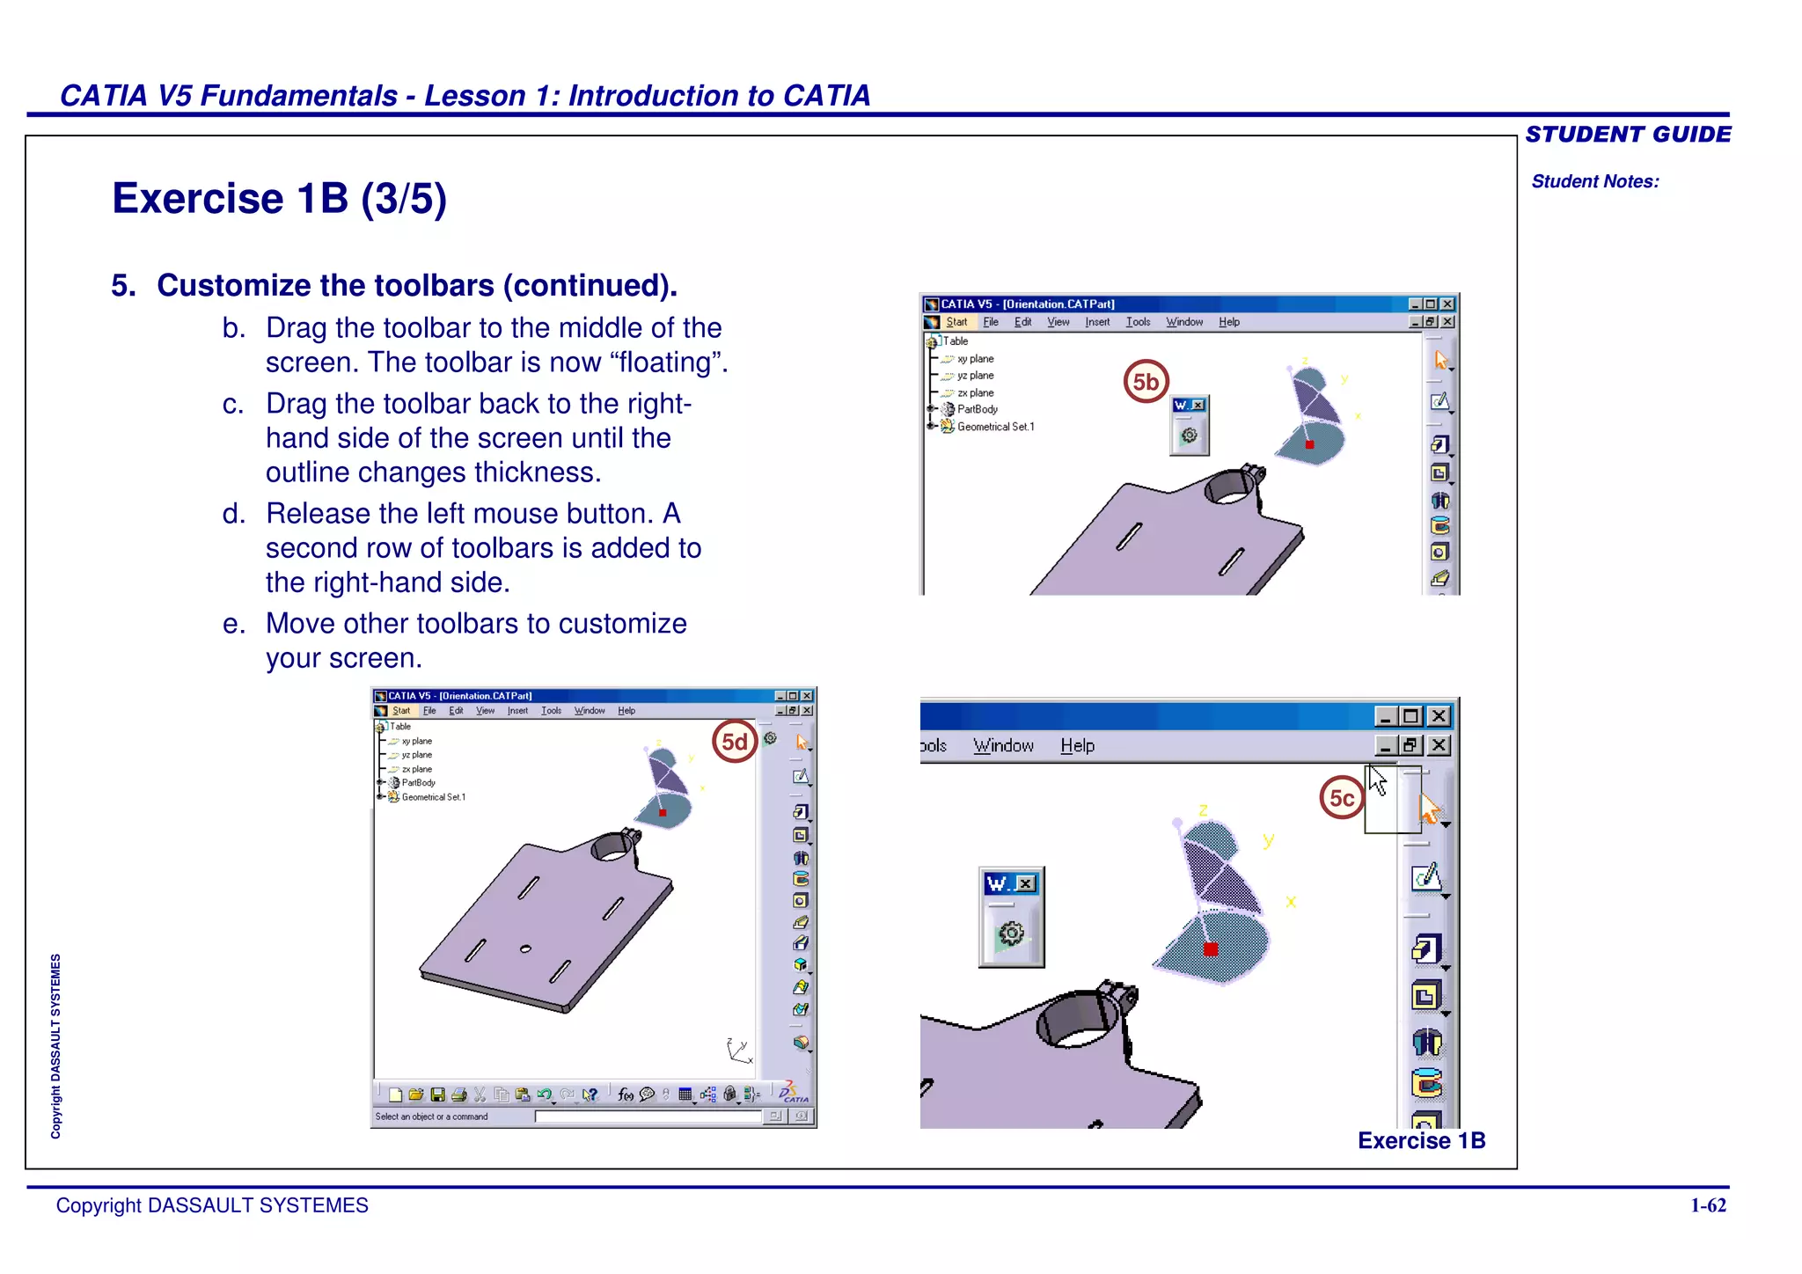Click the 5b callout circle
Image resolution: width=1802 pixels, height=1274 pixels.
tap(1146, 382)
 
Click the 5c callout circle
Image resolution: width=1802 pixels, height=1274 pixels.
tap(1341, 798)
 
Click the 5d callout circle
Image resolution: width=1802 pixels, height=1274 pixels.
tap(735, 742)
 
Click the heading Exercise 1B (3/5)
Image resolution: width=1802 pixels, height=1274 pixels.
tap(279, 199)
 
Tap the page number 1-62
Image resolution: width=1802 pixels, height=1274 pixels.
tap(1708, 1205)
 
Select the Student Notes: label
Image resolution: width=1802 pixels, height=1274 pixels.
tap(1594, 181)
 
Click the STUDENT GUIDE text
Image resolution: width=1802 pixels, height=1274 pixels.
tap(1627, 135)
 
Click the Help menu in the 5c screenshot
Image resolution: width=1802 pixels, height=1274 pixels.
tap(1076, 746)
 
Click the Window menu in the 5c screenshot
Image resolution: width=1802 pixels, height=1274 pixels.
tap(1003, 746)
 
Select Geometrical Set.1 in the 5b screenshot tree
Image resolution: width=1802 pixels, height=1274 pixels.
tap(994, 427)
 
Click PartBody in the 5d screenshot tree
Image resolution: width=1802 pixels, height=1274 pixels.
tap(418, 783)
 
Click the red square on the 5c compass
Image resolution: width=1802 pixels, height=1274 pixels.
tap(1211, 949)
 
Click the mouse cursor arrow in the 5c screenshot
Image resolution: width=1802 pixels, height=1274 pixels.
tap(1377, 780)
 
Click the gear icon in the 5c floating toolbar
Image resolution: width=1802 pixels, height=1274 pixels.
tap(1011, 934)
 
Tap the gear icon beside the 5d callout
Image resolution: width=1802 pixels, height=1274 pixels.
tap(770, 738)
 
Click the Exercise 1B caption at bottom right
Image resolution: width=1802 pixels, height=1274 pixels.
tap(1421, 1140)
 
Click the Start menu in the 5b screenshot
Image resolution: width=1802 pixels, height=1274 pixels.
tap(956, 322)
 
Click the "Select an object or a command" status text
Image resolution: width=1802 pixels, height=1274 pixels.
tap(431, 1117)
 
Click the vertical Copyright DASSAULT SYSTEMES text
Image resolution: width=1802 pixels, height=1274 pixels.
tap(55, 1046)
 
